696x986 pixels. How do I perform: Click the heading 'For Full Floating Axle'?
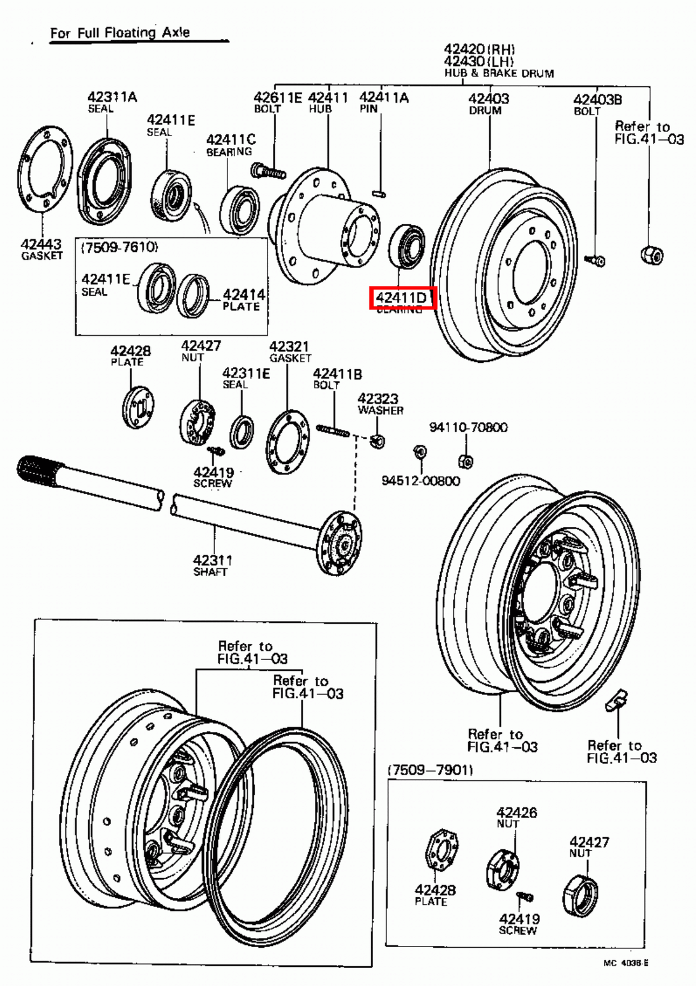(x=120, y=33)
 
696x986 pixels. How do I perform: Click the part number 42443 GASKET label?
(x=41, y=249)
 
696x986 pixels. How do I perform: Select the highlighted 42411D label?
(x=402, y=298)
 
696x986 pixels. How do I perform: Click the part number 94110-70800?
(x=468, y=427)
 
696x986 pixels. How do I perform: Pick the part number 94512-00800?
(x=420, y=481)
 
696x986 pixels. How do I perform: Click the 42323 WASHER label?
(x=379, y=404)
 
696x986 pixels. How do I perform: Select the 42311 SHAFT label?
(x=212, y=564)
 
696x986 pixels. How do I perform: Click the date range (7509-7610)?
(x=119, y=247)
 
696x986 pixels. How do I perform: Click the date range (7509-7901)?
(x=430, y=770)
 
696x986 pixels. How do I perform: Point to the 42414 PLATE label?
(x=244, y=299)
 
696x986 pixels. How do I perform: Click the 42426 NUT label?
(x=516, y=817)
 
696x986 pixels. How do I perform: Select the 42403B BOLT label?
(x=597, y=104)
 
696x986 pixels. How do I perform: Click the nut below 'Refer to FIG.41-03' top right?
(x=652, y=255)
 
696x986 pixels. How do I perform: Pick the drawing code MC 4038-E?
(x=625, y=963)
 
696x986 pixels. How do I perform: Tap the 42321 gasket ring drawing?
(x=287, y=441)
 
